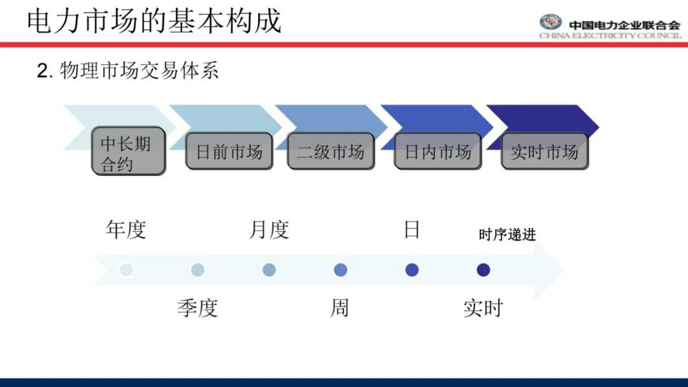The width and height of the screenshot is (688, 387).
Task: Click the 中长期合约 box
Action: [x=128, y=151]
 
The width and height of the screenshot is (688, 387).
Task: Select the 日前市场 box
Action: [x=229, y=151]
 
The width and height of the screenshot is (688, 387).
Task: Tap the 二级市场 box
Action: [x=331, y=151]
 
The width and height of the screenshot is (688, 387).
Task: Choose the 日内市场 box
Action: [x=438, y=151]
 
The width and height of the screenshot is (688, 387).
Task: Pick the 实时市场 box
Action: [x=544, y=151]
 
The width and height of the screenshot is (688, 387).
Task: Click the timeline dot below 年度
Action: [x=126, y=270]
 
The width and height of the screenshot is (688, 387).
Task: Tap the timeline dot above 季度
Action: [x=197, y=270]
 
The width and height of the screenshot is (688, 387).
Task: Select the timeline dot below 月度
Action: [x=269, y=270]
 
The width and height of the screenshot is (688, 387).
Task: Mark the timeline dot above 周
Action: [x=340, y=270]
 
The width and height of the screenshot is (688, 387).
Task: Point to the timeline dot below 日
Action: [x=412, y=270]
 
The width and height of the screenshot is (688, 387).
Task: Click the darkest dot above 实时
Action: [x=483, y=270]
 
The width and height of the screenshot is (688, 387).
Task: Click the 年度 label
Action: [x=126, y=230]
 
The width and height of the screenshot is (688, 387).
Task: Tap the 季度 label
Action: [x=197, y=308]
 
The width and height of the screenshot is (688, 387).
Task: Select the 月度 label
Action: [x=269, y=230]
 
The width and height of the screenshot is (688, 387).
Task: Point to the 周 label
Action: [x=340, y=308]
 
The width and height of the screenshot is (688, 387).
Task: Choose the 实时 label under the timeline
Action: [x=483, y=308]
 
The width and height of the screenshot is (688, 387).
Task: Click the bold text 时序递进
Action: [x=507, y=235]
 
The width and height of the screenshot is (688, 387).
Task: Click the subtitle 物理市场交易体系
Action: [x=139, y=71]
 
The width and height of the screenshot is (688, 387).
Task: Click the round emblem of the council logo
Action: [x=550, y=23]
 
